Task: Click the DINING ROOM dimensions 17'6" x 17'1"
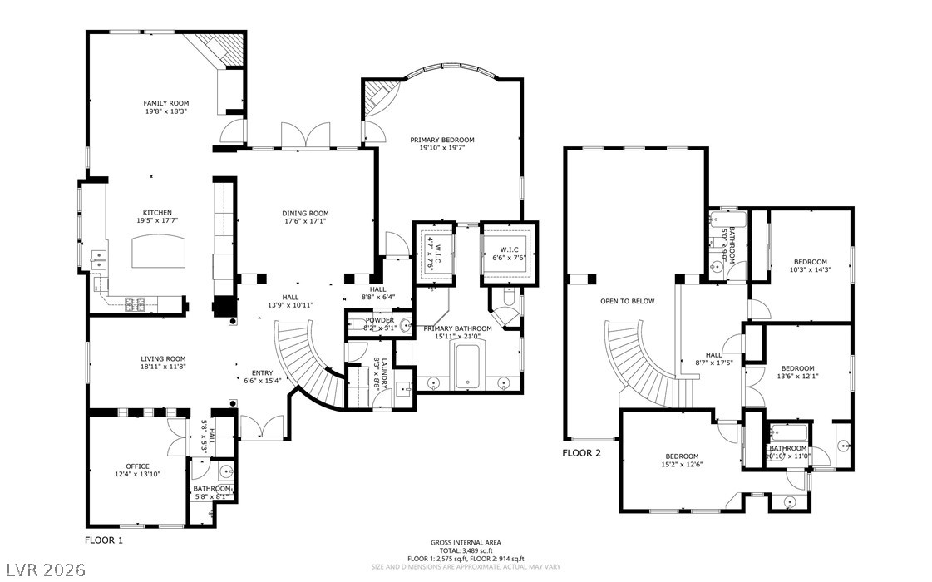(x=305, y=221)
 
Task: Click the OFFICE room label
(x=137, y=466)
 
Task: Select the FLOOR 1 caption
(x=104, y=540)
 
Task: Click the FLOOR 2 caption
(x=581, y=453)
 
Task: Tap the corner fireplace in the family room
(x=219, y=51)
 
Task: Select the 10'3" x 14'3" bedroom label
(x=810, y=264)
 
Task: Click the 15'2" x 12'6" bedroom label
(x=681, y=461)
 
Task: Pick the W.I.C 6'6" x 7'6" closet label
(x=510, y=254)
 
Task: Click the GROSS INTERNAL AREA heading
(x=466, y=542)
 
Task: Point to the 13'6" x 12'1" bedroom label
(x=797, y=372)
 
